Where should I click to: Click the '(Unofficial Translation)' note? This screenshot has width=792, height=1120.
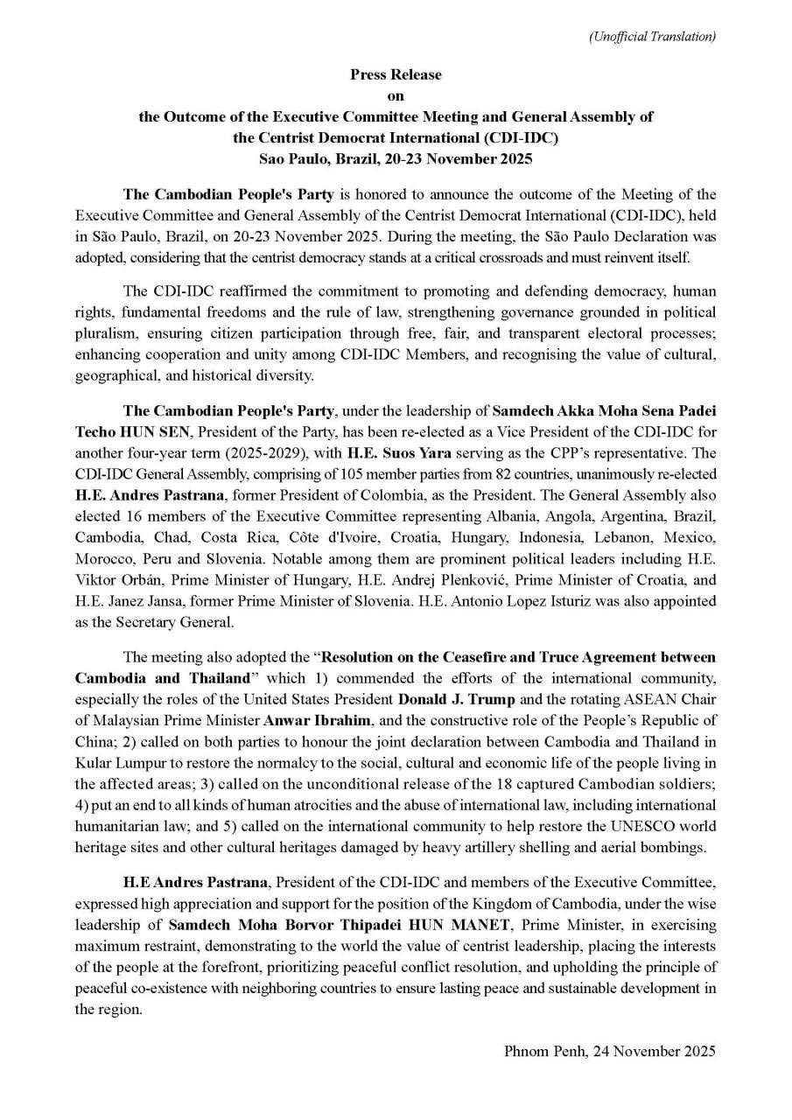tap(652, 36)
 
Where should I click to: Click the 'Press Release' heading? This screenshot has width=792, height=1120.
tap(396, 75)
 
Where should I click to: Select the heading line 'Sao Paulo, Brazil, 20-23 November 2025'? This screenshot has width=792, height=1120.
tap(396, 159)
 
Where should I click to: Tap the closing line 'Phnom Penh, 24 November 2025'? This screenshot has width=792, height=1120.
tap(610, 1051)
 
